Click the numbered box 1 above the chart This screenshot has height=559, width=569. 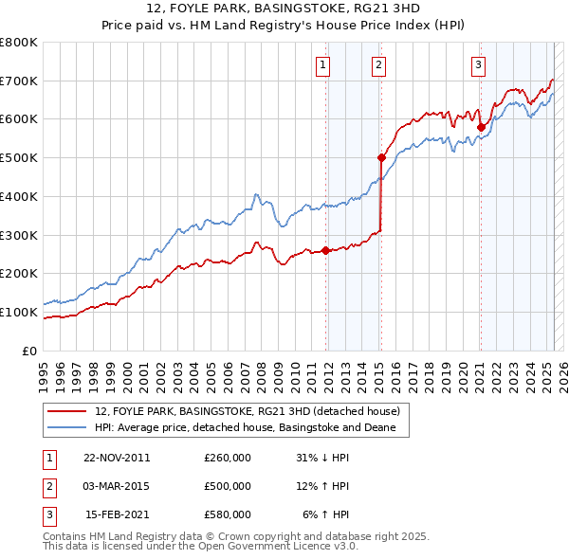[323, 65]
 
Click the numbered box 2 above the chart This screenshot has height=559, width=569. [378, 65]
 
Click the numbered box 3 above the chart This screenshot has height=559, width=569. [478, 65]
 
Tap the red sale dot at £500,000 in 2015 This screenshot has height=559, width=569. [381, 158]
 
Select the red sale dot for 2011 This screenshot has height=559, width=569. [326, 250]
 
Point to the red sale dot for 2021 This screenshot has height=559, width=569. [481, 127]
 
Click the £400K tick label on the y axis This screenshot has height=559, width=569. [20, 196]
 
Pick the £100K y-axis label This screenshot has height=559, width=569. [20, 312]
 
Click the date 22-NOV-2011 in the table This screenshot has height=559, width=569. [117, 458]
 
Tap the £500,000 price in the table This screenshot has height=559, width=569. [227, 486]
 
